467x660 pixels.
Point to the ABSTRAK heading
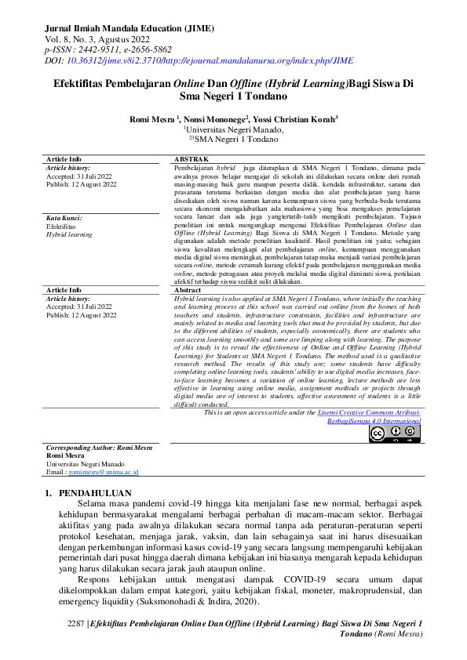[190, 159]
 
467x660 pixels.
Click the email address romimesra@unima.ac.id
[104, 473]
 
